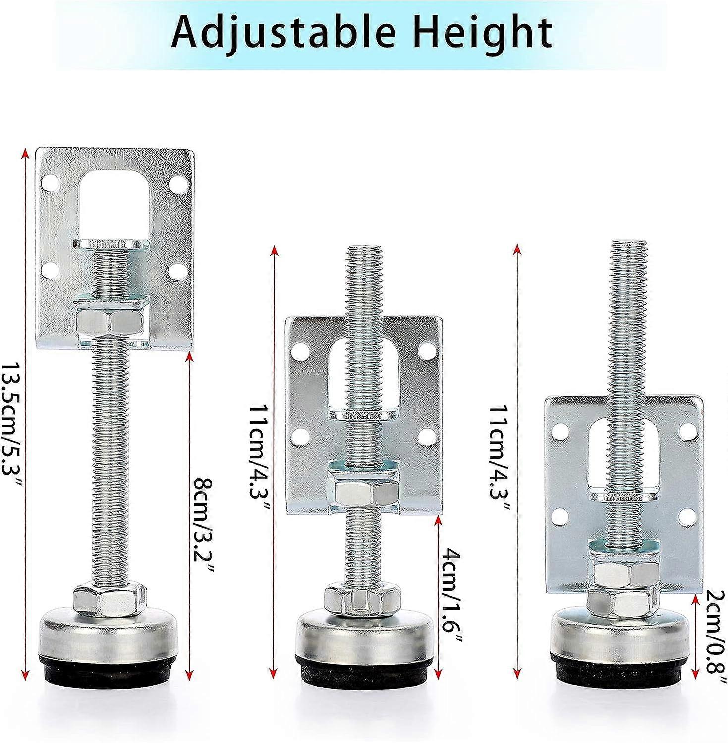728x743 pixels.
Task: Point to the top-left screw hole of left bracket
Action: (x=49, y=183)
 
